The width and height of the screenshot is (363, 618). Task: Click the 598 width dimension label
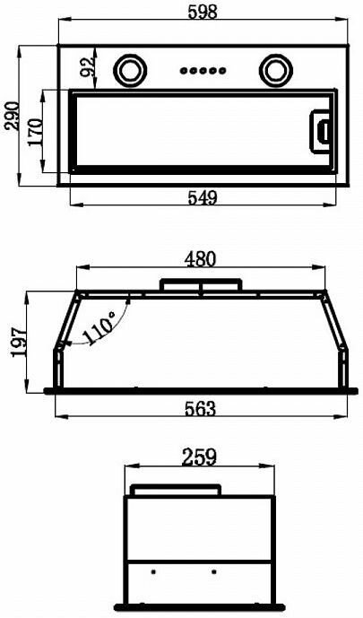203,12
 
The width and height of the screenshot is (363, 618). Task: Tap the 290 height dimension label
12,116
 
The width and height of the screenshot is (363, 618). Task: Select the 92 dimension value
87,66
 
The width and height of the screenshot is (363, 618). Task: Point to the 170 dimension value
35,132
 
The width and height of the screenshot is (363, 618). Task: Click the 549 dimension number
203,197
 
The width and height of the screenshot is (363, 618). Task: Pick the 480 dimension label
201,259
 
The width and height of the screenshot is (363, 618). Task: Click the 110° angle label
99,327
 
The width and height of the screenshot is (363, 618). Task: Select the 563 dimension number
201,409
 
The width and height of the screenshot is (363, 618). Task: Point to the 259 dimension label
199,457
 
